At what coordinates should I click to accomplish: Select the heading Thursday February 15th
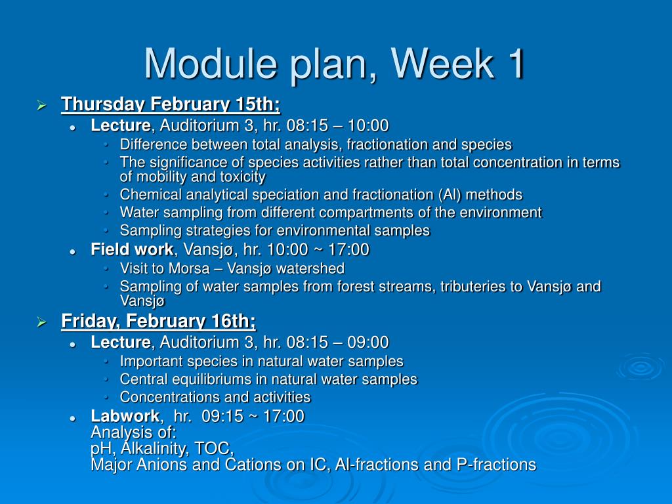point(171,104)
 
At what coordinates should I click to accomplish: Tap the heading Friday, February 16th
point(158,321)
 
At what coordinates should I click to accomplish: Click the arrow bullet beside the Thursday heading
point(41,105)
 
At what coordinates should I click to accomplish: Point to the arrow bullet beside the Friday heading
point(41,322)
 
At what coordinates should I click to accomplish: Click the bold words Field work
point(132,249)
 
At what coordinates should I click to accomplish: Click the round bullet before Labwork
point(73,418)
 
